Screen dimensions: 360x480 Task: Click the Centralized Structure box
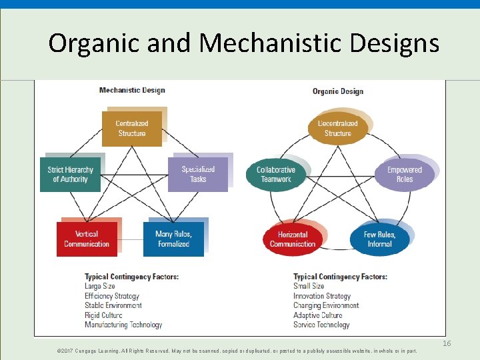click(x=131, y=129)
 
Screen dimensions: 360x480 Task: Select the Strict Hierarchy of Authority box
click(x=70, y=175)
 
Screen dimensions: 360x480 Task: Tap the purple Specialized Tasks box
click(x=198, y=175)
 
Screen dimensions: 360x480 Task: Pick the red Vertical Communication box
click(x=87, y=239)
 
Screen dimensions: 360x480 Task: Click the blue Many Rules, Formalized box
click(x=173, y=239)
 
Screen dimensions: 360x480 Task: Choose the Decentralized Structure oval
click(x=337, y=129)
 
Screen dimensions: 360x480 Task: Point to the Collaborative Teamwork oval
click(x=276, y=175)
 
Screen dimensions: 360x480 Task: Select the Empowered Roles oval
click(x=405, y=175)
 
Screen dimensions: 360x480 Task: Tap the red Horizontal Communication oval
click(x=293, y=239)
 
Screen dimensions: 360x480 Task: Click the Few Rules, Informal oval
click(x=379, y=239)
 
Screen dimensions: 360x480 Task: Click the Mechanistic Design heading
click(x=132, y=90)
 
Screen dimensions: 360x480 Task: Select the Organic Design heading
click(x=337, y=91)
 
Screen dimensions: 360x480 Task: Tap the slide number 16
click(x=447, y=343)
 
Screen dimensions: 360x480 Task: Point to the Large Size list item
click(x=100, y=286)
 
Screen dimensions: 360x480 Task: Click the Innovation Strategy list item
click(x=322, y=296)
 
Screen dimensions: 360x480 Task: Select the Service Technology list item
click(x=321, y=325)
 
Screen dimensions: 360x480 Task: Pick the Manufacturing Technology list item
click(x=123, y=325)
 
